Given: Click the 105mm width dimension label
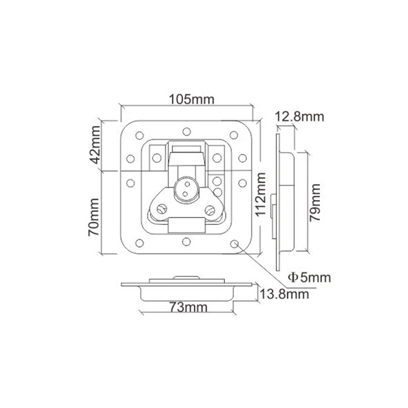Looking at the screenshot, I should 186,99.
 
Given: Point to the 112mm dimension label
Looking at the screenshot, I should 261,194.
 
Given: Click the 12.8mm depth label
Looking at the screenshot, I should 299,117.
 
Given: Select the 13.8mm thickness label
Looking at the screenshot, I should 284,293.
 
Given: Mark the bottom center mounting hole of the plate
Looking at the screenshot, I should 187,241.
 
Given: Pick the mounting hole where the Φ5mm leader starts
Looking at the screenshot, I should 235,244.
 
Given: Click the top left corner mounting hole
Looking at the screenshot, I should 139,136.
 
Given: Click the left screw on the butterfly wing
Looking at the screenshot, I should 162,209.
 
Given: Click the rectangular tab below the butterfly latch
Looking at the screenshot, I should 187,224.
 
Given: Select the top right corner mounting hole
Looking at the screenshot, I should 234,135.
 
